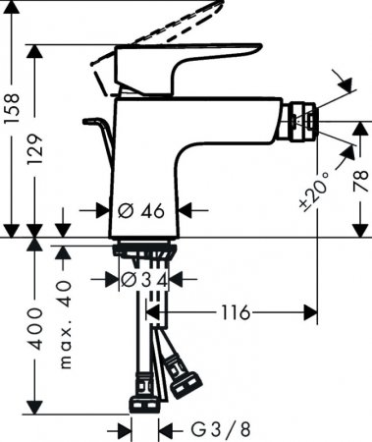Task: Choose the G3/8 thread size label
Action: (x=212, y=429)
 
